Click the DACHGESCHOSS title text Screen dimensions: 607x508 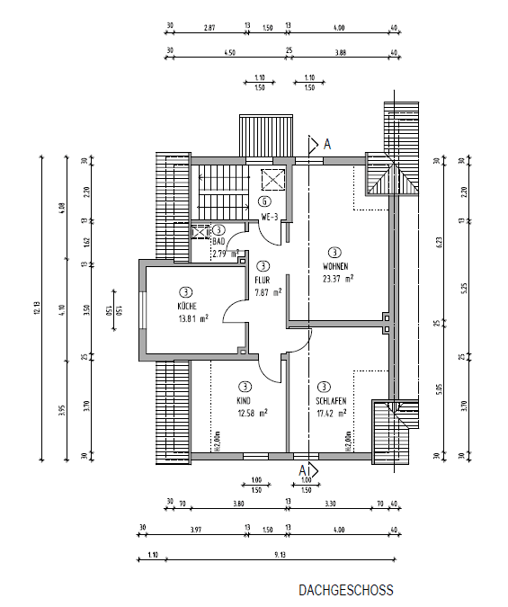point(346,591)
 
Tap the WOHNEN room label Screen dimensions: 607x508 point(335,267)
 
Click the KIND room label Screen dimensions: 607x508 point(243,400)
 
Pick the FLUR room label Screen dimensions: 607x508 point(263,280)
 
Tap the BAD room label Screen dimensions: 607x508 point(218,242)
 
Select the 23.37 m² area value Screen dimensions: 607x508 point(337,279)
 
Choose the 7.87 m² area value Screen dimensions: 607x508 point(268,292)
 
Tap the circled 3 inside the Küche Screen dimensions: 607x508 point(185,292)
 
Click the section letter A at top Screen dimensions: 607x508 point(328,143)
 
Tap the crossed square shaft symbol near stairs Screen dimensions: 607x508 point(272,177)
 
